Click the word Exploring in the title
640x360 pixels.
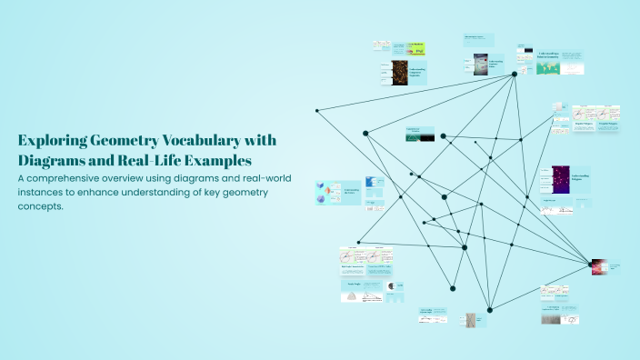(52, 140)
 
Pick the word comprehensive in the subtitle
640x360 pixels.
(72, 178)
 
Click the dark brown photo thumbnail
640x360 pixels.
(399, 72)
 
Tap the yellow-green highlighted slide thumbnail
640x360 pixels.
(416, 48)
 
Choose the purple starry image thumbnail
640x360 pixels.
(560, 178)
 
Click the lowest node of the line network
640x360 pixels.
(489, 308)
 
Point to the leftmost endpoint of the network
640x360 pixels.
(316, 111)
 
